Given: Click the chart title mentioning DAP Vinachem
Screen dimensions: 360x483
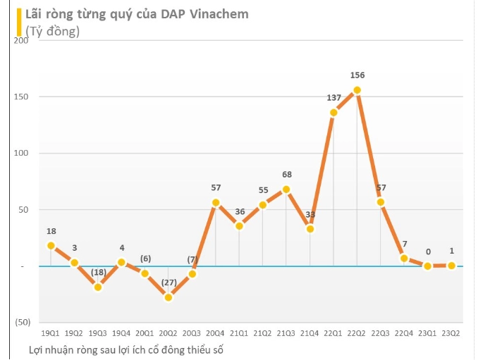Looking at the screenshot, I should [136, 14].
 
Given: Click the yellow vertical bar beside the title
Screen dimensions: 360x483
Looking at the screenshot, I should [18, 22].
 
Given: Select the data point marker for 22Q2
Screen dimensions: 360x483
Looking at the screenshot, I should [357, 90].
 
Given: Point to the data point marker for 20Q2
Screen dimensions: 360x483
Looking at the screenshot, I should [169, 297].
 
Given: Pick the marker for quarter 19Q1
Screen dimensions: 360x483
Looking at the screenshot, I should [51, 245].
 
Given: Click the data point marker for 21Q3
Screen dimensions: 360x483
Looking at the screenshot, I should [286, 190].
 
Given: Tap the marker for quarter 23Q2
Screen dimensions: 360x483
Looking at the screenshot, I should [451, 266].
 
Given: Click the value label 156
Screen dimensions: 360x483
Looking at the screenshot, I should [357, 75].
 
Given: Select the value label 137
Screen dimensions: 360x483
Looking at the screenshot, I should [334, 97].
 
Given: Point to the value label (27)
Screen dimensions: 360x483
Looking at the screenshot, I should [169, 283].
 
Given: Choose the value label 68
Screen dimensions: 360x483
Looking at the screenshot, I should [286, 175].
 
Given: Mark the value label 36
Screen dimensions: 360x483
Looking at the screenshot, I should [239, 211].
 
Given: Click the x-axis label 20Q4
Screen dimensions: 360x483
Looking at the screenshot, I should [216, 333].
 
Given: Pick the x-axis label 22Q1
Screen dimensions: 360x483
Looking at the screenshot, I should [334, 333].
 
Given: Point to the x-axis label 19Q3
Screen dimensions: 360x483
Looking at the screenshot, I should [98, 333].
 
